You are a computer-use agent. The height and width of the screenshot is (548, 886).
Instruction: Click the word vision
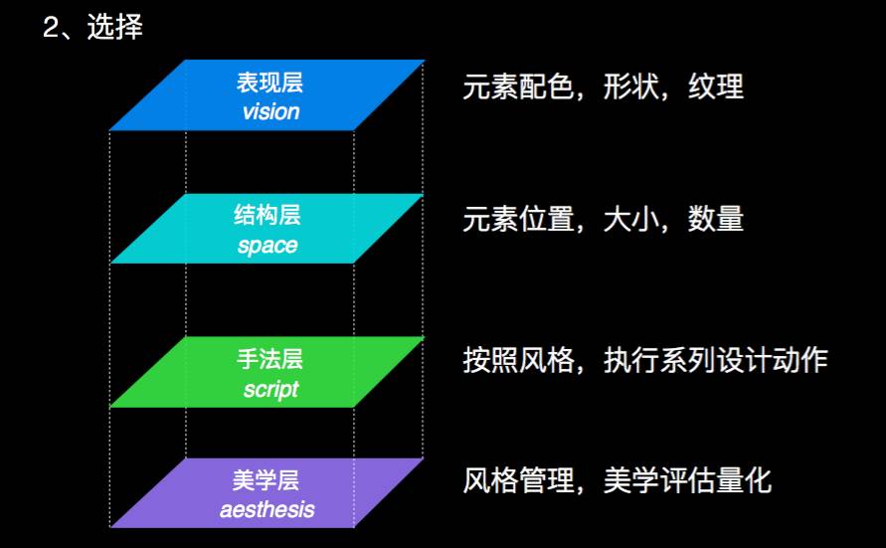(x=270, y=110)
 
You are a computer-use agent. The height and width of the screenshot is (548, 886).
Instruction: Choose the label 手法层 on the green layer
(x=270, y=359)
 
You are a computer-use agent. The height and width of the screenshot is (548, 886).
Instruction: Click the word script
(x=270, y=389)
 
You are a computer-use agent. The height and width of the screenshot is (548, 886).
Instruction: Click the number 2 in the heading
(x=52, y=28)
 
